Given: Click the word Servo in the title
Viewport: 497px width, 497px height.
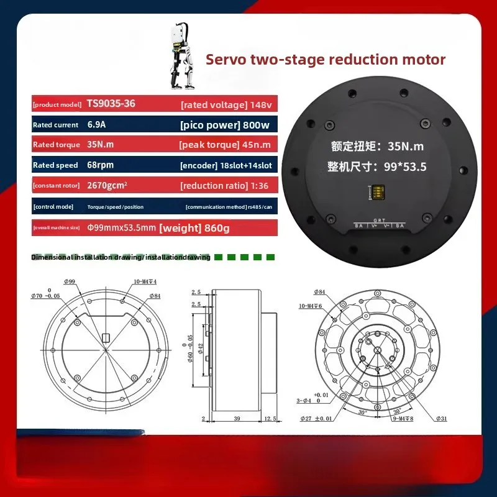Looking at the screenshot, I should (x=227, y=60).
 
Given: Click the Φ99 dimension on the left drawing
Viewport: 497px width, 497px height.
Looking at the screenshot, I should (x=69, y=281).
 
